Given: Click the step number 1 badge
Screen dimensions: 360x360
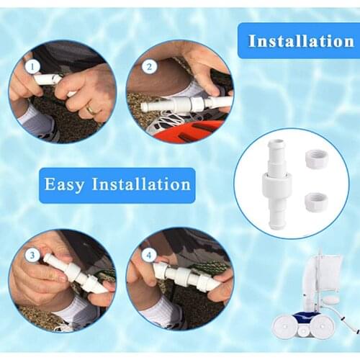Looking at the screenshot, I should click(x=32, y=66).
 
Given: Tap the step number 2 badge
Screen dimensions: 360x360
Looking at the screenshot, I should click(x=149, y=68).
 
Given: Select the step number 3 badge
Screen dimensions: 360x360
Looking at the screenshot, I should click(x=31, y=256).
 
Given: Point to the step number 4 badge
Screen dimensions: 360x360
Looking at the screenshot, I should click(x=148, y=256).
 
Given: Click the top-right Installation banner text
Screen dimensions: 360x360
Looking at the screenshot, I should click(x=300, y=40).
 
